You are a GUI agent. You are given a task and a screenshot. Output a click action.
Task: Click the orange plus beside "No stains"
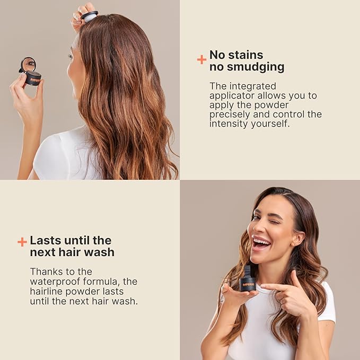[x=201, y=59]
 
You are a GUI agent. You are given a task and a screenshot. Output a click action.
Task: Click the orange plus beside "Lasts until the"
[x=22, y=242]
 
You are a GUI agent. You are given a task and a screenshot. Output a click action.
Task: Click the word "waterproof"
[x=56, y=281]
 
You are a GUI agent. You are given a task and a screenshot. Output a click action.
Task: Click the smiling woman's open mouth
[x=261, y=243]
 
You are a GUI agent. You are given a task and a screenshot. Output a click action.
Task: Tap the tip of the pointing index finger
[x=264, y=287]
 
